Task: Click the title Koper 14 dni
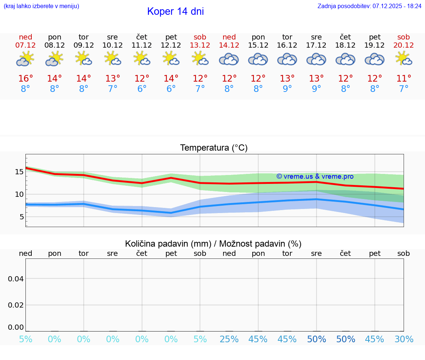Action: pos(175,11)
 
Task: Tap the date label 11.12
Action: pos(142,45)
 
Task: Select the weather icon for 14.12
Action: pos(229,59)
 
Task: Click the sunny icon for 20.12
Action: pos(403,58)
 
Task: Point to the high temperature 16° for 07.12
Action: pos(25,79)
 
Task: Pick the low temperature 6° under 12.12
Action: pos(171,89)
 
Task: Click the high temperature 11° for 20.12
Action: pos(404,79)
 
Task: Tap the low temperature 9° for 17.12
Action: pos(316,89)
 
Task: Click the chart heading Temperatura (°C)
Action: pos(214,148)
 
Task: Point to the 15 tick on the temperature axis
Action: pos(19,172)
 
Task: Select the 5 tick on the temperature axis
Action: pos(22,217)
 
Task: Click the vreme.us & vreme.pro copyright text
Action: pos(315,176)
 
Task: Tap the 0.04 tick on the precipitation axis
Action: pos(16,279)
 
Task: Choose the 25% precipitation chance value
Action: pos(229,339)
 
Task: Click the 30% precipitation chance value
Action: pos(404,339)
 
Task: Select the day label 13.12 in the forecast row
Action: pos(200,45)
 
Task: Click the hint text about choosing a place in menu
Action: pos(41,6)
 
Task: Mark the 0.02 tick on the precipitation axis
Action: pos(16,305)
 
